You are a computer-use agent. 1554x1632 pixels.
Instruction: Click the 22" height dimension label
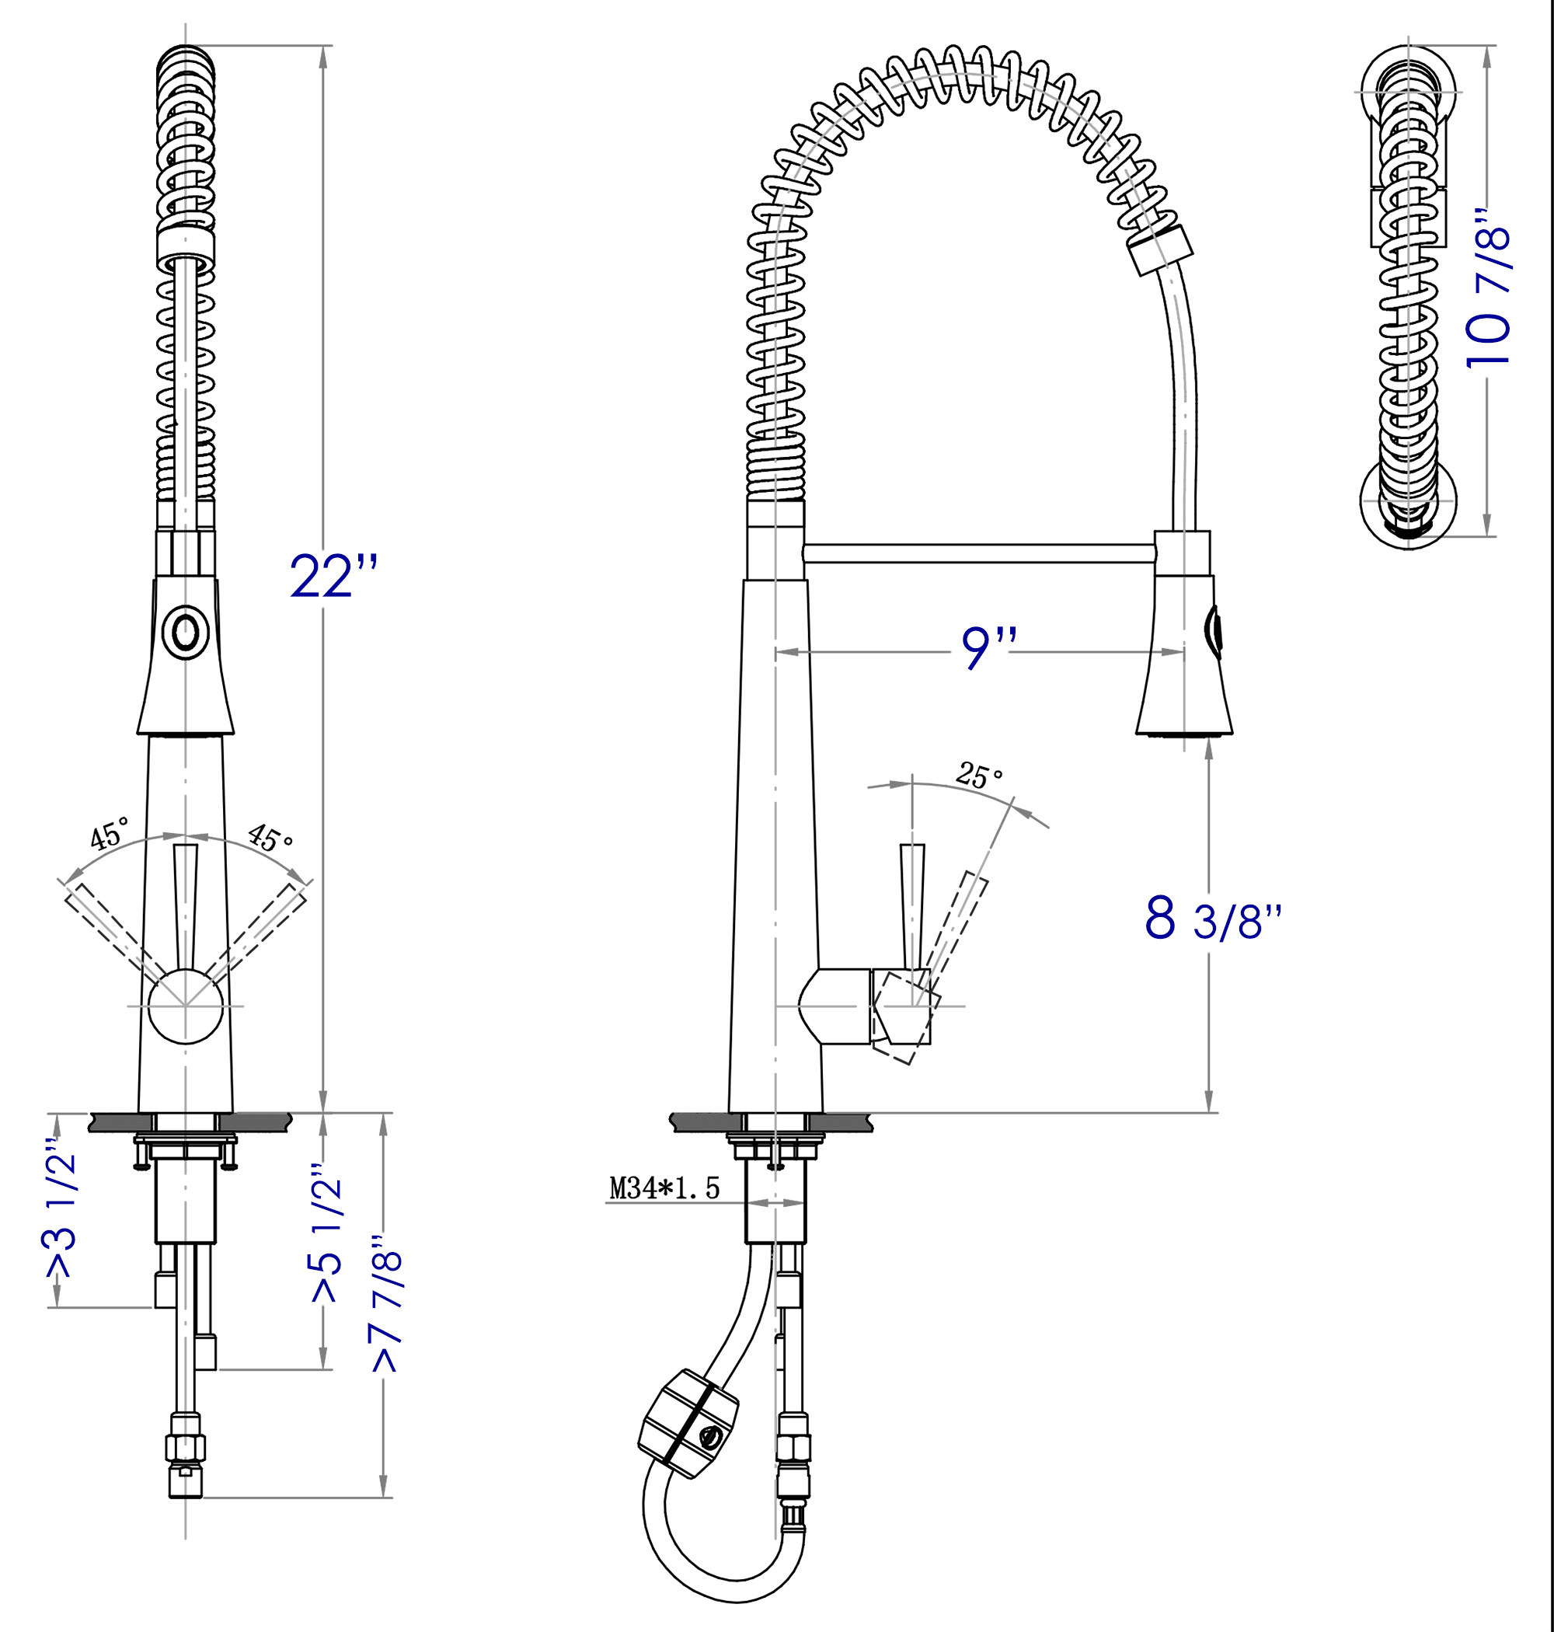(333, 576)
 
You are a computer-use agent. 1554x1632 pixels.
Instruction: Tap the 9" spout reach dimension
(988, 649)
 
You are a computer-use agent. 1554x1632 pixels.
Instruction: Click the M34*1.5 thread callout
(664, 1188)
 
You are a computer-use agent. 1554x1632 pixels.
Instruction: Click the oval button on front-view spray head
(186, 633)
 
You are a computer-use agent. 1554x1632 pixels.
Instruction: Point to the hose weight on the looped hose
(689, 1423)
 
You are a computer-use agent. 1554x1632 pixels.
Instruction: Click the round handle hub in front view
(186, 1006)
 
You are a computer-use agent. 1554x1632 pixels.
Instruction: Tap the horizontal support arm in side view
(977, 553)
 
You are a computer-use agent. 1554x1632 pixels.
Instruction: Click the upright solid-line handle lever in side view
(912, 903)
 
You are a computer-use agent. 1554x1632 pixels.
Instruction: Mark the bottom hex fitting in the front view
(186, 1481)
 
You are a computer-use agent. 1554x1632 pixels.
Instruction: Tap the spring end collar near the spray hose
(1161, 249)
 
